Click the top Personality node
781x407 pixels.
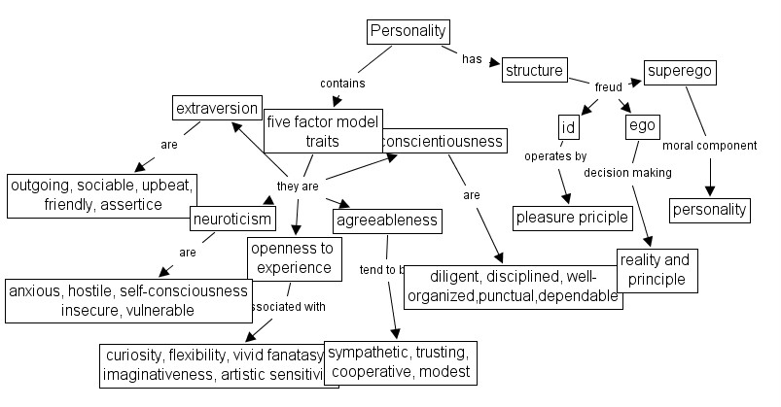(x=408, y=31)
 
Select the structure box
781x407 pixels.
(x=534, y=70)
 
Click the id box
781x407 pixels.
(x=569, y=127)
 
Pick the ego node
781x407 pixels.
(x=642, y=126)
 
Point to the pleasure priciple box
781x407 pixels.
(x=572, y=218)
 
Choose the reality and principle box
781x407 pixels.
(x=657, y=270)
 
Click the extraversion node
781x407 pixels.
(x=217, y=108)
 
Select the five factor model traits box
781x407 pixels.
(x=322, y=131)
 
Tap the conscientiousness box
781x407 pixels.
(x=443, y=141)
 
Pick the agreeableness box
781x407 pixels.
(x=386, y=220)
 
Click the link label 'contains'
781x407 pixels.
(x=342, y=84)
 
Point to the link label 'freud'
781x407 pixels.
(x=608, y=87)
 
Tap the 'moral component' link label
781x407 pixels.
(x=709, y=146)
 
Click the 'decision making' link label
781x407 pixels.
(x=627, y=173)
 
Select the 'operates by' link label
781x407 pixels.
(x=555, y=155)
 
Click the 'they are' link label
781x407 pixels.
(x=298, y=186)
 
